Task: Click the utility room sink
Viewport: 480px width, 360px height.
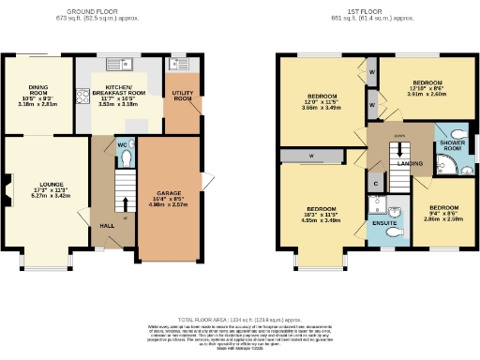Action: click(x=175, y=67)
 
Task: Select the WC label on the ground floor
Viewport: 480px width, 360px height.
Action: click(x=122, y=145)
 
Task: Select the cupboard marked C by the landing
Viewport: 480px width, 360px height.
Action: click(x=376, y=183)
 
